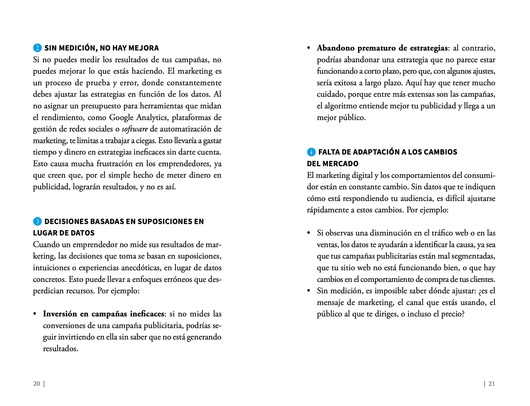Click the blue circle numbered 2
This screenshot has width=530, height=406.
pos(37,48)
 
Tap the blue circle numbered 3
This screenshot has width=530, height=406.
pos(37,221)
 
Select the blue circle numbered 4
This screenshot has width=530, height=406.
pos(311,152)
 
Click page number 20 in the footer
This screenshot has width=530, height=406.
pos(36,384)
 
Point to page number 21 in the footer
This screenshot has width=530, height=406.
pos(492,384)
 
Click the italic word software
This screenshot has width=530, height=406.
pos(135,129)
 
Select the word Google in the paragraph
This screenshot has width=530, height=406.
pos(121,118)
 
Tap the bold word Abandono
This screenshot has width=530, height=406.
pos(335,48)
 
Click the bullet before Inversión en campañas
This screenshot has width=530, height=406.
pos(35,314)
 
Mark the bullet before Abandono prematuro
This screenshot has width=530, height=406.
pos(309,48)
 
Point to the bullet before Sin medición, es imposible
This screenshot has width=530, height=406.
pos(309,291)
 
